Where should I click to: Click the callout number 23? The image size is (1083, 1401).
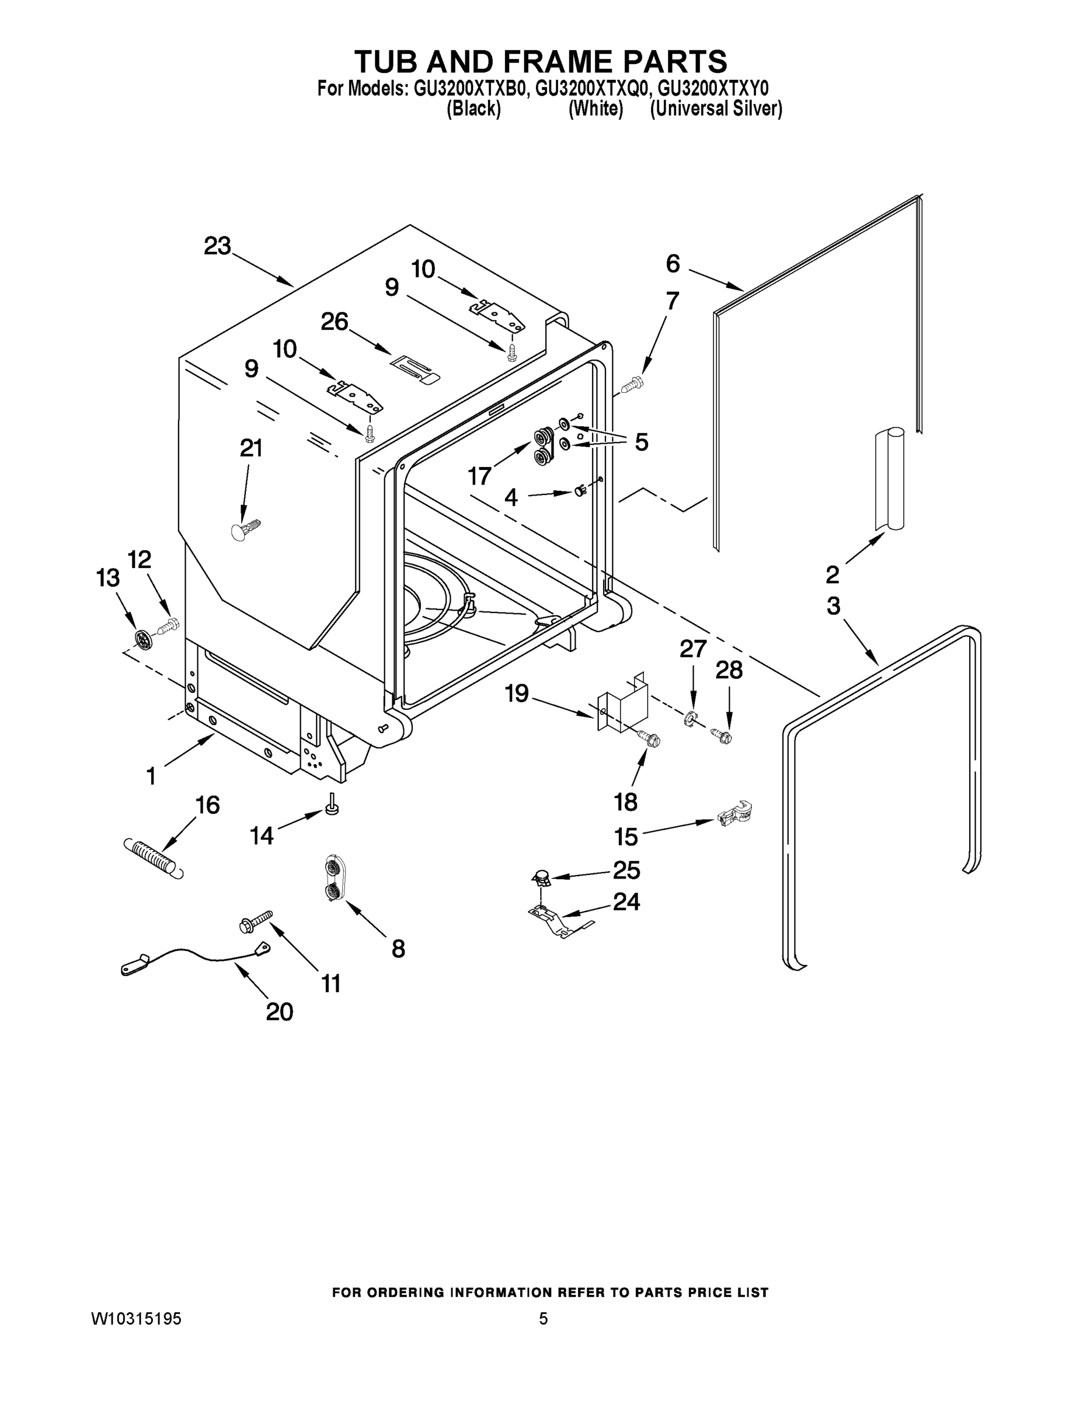click(217, 246)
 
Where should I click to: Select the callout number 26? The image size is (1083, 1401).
click(335, 322)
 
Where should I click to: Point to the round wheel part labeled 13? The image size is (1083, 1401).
click(144, 638)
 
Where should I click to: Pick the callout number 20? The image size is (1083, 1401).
click(279, 1012)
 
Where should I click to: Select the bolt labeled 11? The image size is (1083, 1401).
click(255, 921)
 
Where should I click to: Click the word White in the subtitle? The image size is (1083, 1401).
click(596, 109)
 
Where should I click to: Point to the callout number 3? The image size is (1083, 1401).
click(833, 605)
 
